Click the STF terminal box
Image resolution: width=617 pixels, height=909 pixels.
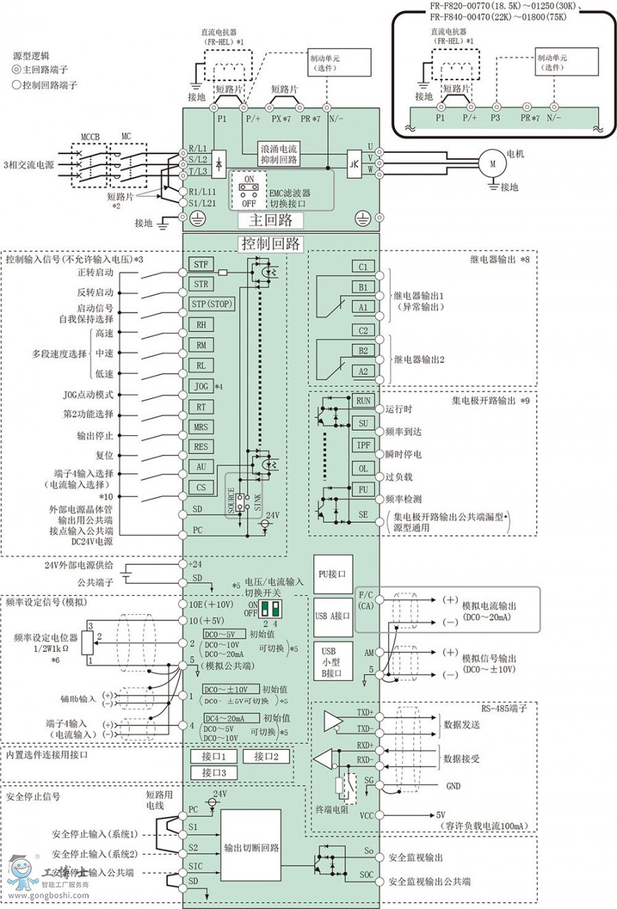[200, 264]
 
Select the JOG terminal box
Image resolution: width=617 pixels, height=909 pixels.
[200, 386]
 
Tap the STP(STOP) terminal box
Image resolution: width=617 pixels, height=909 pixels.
[211, 304]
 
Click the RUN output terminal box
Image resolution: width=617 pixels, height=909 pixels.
[363, 401]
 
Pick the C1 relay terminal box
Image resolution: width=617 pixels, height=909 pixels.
[363, 267]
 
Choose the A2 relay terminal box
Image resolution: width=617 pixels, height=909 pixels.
[363, 372]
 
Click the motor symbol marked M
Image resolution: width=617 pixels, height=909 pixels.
[492, 164]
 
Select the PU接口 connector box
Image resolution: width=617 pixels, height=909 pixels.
[332, 574]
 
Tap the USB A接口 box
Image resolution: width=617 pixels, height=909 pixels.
[332, 616]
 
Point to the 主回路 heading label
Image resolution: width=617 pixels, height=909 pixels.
[270, 220]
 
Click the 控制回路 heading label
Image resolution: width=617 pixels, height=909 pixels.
[270, 244]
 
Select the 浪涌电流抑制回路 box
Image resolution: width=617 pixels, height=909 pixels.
[279, 154]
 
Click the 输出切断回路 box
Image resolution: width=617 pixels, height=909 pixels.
[251, 848]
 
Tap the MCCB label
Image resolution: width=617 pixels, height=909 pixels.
[90, 137]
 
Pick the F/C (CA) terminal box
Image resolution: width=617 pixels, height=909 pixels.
[365, 601]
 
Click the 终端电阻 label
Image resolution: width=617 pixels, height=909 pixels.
[332, 810]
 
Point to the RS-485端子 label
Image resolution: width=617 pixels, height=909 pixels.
[504, 708]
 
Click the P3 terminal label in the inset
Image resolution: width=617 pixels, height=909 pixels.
[496, 118]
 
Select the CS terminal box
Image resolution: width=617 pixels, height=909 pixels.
[200, 487]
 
